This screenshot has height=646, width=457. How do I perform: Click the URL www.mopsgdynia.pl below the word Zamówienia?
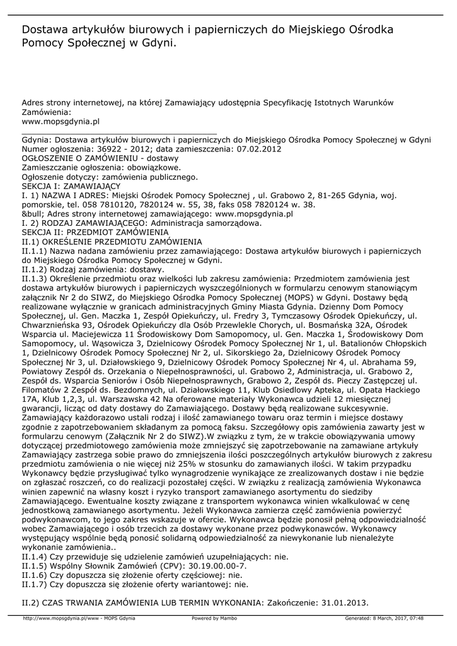pyautogui.click(x=61, y=121)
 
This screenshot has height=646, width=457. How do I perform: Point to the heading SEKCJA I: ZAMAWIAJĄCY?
pyautogui.click(x=71, y=187)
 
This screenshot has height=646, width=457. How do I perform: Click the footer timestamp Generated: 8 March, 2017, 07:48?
pyautogui.click(x=384, y=618)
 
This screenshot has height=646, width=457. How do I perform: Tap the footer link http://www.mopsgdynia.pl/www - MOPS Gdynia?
pyautogui.click(x=79, y=618)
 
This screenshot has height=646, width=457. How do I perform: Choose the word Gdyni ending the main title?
pyautogui.click(x=158, y=44)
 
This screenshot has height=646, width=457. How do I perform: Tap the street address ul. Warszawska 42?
pyautogui.click(x=130, y=399)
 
